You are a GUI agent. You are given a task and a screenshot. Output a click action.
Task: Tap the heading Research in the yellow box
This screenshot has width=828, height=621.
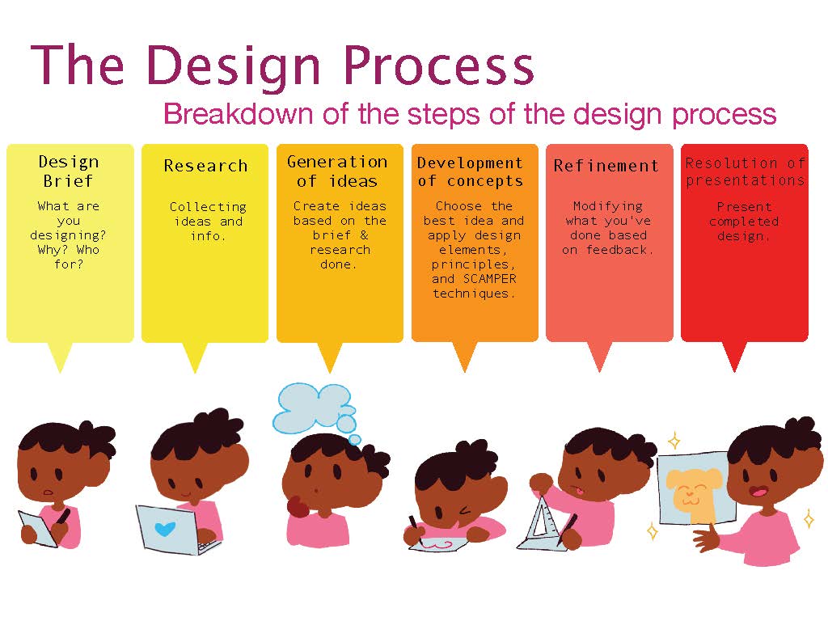(205, 166)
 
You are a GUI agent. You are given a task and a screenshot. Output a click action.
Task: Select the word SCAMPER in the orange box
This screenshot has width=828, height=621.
(489, 278)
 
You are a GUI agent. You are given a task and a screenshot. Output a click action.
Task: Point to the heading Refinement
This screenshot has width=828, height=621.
(606, 166)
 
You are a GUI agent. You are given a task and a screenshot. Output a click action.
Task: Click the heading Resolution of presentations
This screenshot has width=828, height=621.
(745, 171)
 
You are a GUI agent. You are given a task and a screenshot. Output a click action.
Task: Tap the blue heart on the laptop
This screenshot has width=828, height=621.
(165, 529)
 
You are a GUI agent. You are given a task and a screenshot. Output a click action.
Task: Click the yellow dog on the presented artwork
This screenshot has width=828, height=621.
(693, 494)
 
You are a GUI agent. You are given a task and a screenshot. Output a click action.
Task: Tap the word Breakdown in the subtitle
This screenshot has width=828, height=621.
(239, 113)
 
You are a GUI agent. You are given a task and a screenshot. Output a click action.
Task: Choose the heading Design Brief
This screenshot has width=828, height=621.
(69, 171)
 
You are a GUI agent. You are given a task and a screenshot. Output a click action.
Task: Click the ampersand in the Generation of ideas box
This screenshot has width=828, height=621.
(364, 235)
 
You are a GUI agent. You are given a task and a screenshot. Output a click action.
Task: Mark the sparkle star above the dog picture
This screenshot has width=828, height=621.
(674, 440)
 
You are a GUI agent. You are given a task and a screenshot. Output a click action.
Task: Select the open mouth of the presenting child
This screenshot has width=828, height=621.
(759, 492)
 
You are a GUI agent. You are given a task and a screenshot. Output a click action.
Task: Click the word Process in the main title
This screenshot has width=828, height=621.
(438, 65)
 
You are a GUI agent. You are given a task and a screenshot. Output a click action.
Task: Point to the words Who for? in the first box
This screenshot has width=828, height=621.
(69, 256)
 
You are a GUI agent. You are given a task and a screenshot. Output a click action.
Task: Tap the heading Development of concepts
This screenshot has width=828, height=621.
(470, 171)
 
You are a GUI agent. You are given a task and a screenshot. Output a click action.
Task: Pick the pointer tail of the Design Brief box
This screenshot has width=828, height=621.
(60, 357)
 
